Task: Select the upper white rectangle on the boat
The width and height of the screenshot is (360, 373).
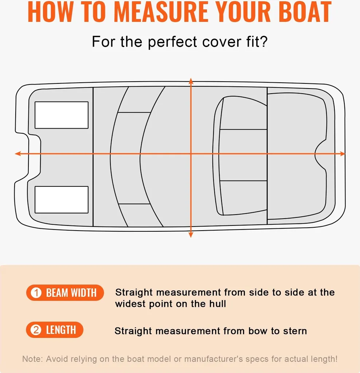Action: [x=62, y=115]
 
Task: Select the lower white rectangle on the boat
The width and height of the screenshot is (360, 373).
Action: [x=62, y=200]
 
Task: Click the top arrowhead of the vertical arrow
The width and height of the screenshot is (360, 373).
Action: [x=191, y=81]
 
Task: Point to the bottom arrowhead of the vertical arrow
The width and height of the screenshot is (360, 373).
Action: [x=191, y=234]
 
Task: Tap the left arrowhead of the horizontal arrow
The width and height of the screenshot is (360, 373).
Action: [x=18, y=154]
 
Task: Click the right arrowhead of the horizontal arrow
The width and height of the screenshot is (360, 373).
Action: [x=342, y=154]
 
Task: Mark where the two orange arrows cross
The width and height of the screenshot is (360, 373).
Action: [x=191, y=154]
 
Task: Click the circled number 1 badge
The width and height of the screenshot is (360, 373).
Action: [x=36, y=293]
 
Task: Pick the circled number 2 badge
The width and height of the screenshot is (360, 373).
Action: [x=36, y=330]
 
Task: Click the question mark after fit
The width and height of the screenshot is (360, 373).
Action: [x=264, y=42]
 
